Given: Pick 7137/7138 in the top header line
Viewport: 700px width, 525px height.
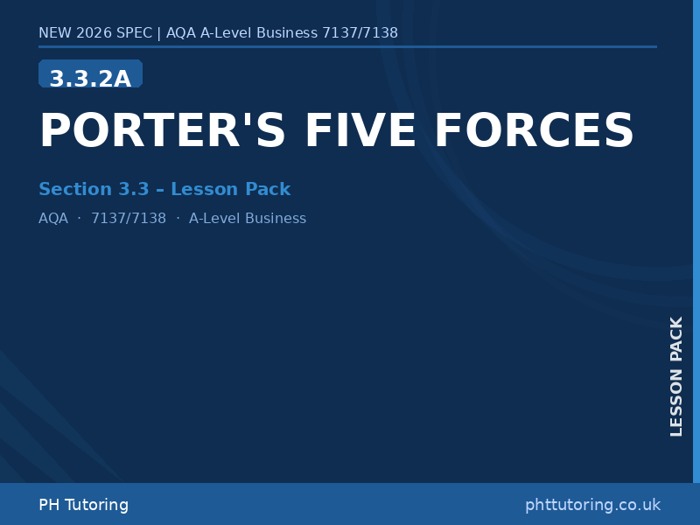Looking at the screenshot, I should point(360,33).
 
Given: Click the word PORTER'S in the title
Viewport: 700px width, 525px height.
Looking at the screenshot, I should point(163,131).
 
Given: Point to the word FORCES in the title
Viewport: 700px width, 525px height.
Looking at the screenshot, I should point(534,131).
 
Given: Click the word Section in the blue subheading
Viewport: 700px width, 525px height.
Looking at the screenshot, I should point(75,189).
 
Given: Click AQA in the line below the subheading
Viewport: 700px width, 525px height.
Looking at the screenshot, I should point(53,219).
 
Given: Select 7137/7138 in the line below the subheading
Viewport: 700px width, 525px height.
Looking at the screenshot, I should point(129,219).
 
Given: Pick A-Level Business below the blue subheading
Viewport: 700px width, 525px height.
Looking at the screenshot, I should point(248,219).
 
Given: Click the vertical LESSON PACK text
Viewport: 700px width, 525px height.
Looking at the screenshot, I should point(676,376).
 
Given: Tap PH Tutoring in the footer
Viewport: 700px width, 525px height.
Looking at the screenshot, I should point(83,505).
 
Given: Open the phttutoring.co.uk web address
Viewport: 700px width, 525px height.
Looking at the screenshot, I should point(592,505).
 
